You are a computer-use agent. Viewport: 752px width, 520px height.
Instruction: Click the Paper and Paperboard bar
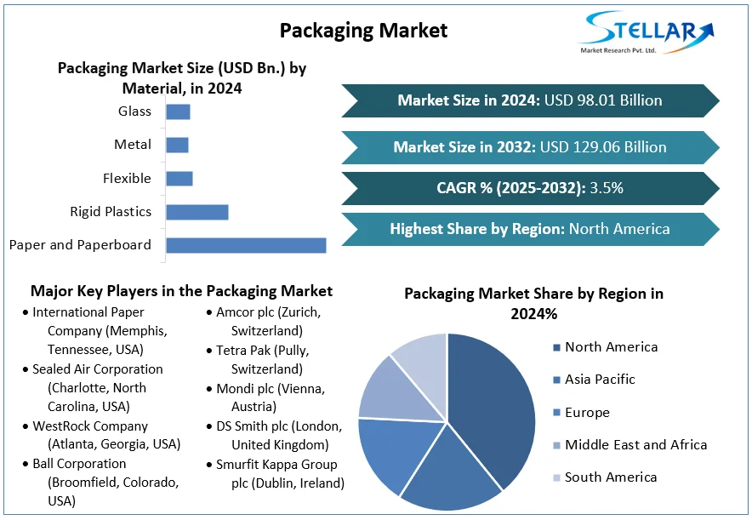[246, 245]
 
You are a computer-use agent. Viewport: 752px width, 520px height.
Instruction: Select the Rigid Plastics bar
[197, 212]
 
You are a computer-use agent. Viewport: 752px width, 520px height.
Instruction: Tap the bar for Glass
[178, 111]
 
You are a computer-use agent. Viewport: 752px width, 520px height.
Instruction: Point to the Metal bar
[177, 145]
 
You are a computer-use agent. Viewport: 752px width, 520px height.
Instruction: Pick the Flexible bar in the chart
[179, 179]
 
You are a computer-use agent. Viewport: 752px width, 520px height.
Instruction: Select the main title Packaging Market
[363, 31]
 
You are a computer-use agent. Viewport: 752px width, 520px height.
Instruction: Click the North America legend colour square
[556, 347]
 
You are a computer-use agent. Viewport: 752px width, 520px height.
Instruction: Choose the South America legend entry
[611, 477]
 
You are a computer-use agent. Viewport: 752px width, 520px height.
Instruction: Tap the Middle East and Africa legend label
[635, 444]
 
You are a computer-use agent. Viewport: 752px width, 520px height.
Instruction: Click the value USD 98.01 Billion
[603, 100]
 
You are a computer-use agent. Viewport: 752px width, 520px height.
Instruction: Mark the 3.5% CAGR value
[607, 188]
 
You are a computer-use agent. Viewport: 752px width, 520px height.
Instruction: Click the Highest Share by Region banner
[529, 229]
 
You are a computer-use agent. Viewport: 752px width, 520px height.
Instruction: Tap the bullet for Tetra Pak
[209, 351]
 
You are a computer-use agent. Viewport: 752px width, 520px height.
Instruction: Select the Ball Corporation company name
[79, 464]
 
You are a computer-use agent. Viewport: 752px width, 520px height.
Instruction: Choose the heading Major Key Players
[181, 291]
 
